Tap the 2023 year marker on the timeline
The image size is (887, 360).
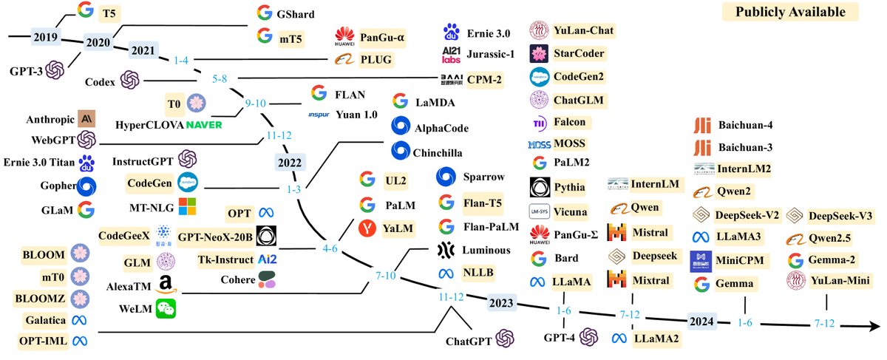tap(504, 303)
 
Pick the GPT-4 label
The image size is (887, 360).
tap(559, 338)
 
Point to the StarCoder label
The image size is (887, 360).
tap(579, 53)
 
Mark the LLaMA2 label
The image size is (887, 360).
tap(655, 339)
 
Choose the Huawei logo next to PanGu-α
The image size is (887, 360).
tap(344, 35)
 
